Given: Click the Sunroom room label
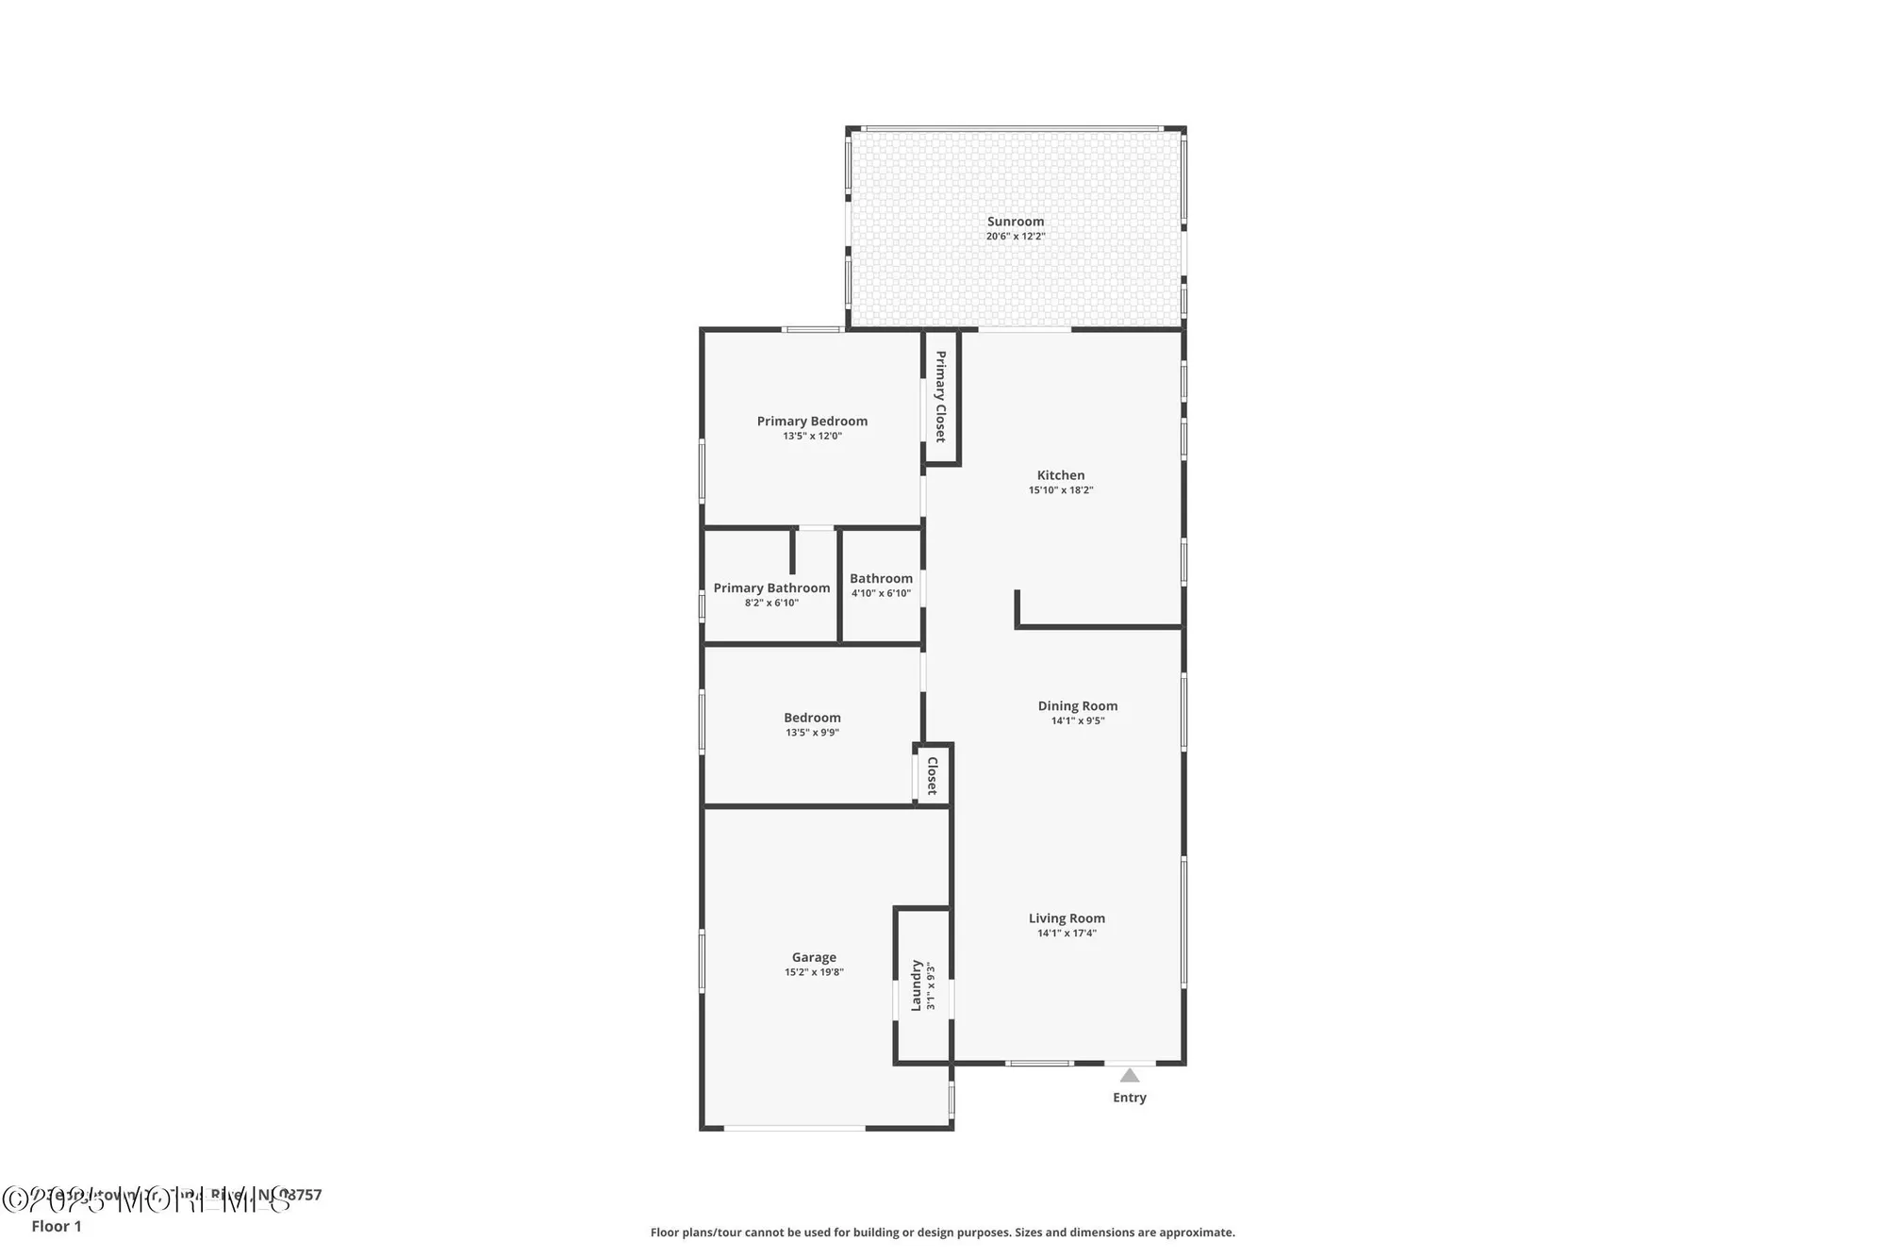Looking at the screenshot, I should pos(1016,222).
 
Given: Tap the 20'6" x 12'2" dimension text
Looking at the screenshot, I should pos(1016,237).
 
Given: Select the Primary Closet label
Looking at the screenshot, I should pos(940,396).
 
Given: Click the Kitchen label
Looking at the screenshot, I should pos(1061,475).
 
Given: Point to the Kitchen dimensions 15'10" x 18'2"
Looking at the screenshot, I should pos(1061,490).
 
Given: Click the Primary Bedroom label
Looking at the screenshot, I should pos(812,422).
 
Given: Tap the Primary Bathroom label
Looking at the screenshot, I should pos(771,587).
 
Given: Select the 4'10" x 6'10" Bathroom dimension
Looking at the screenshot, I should pos(881,594).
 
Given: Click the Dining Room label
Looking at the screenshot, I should pos(1078,705).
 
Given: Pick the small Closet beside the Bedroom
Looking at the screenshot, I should pos(933,775).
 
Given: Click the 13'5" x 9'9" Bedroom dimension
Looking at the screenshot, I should pos(812,733).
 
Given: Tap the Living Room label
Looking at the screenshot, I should pos(1067,918).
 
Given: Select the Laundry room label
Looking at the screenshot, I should pos(916,985).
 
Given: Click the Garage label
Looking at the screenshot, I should pos(814,957).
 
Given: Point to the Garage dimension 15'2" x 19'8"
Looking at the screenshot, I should pos(814,972).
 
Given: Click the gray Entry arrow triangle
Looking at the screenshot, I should pos(1130,1076).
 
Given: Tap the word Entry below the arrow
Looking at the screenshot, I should pos(1130,1098).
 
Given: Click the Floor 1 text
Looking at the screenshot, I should pos(57,1226).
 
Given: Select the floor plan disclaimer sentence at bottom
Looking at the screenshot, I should pos(942,1232).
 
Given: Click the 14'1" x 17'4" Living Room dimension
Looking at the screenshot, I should pos(1067,934).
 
